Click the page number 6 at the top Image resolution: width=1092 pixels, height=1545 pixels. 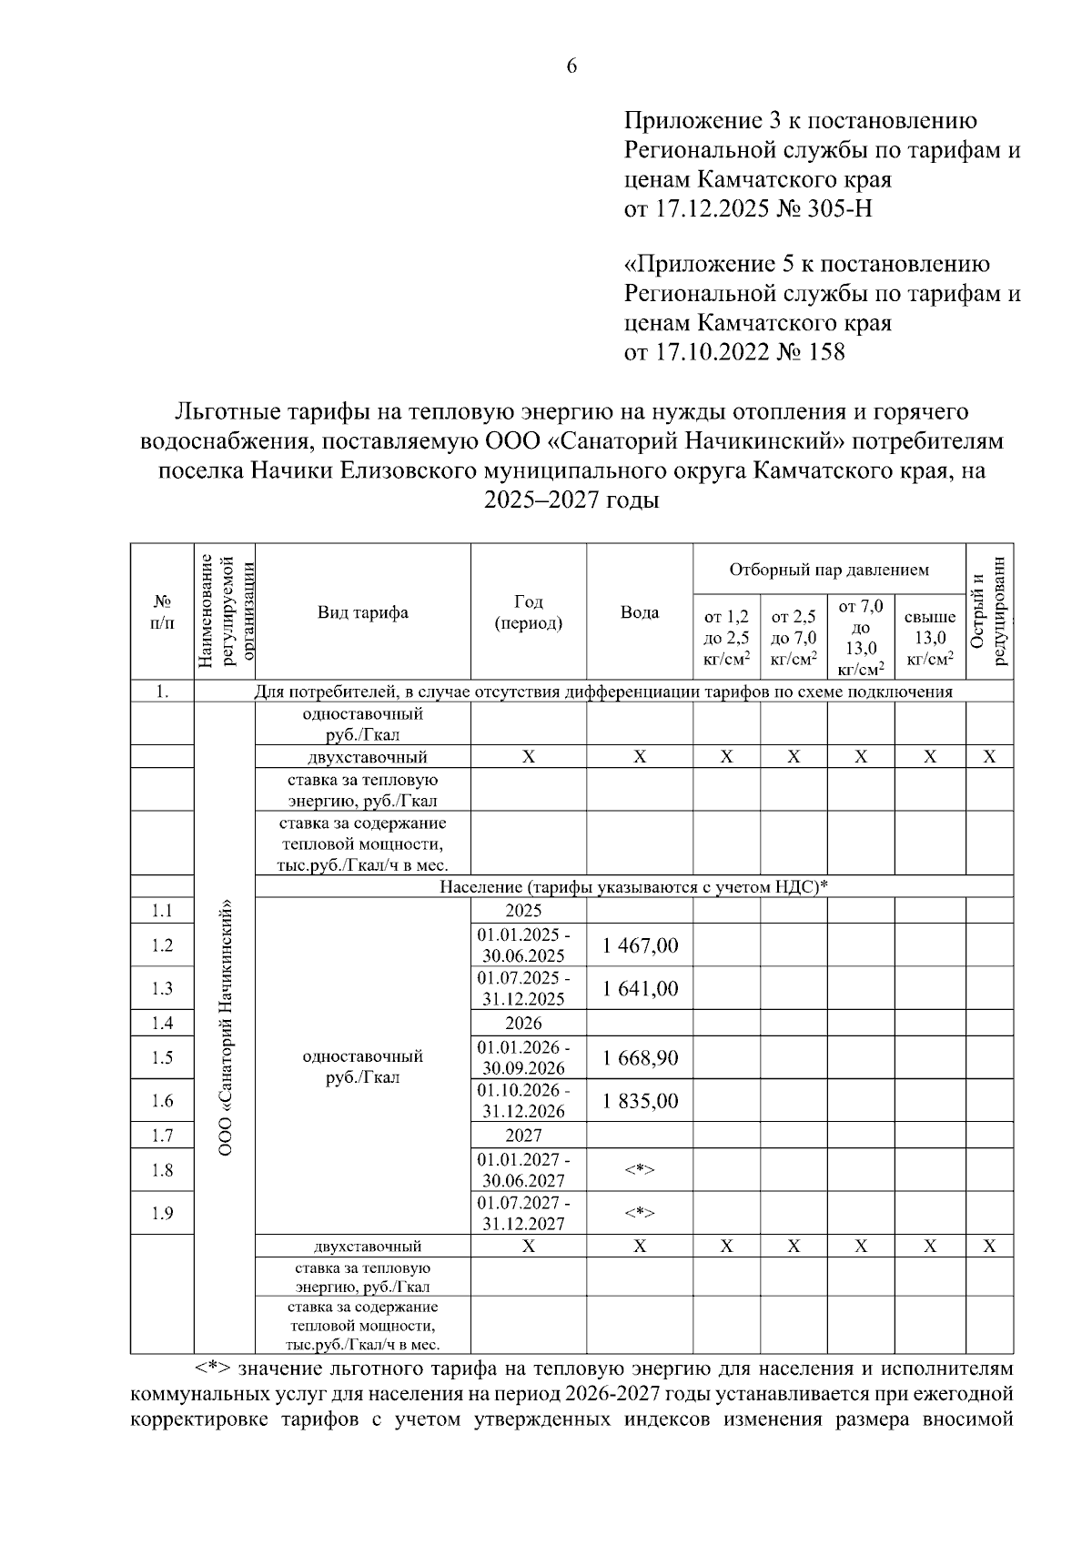click(571, 66)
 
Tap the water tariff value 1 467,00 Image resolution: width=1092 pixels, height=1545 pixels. click(640, 945)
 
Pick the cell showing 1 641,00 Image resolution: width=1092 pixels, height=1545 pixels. click(640, 988)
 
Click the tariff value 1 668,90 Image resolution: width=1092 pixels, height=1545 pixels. click(640, 1057)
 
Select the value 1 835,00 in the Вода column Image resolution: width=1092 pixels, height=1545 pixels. click(640, 1101)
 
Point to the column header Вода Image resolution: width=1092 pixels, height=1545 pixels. click(640, 612)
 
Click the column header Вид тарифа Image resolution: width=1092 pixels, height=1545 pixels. click(362, 612)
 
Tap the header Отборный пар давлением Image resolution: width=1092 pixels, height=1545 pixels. click(828, 571)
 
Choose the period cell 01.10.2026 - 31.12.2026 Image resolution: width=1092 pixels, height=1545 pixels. click(524, 1101)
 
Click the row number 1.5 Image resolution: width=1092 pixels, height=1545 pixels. click(162, 1057)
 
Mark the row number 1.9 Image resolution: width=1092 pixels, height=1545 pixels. click(162, 1213)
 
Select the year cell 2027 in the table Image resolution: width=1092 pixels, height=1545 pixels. click(523, 1135)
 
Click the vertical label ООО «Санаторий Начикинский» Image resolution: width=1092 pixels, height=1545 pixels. click(226, 1028)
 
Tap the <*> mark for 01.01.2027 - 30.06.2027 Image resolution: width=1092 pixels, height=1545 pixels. click(640, 1170)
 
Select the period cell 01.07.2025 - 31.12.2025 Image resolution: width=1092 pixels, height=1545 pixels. click(524, 988)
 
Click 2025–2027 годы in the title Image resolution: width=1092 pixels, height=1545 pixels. click(571, 500)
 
